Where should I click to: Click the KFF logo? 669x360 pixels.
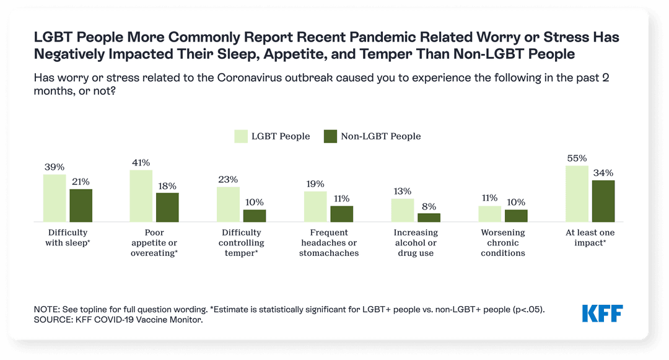(602, 314)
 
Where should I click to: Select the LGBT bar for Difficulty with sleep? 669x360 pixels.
(55, 198)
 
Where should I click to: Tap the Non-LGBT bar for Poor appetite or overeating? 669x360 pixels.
(167, 207)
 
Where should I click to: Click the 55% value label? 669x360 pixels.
(577, 158)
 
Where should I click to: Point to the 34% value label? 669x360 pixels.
(603, 173)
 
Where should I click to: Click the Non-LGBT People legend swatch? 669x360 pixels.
(330, 136)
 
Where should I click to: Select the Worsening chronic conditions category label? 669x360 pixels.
(502, 243)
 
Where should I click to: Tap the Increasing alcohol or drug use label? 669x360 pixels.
(416, 243)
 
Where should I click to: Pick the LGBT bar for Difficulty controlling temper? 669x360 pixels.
(229, 204)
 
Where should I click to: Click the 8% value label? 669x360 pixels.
(429, 206)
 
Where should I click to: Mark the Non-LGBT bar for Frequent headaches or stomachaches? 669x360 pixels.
(341, 214)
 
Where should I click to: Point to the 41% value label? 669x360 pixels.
(141, 163)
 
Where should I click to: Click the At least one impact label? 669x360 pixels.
(590, 238)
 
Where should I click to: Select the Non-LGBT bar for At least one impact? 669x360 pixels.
(603, 201)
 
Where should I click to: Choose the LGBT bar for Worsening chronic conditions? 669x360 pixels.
(490, 214)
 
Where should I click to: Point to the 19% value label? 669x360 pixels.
(315, 184)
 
